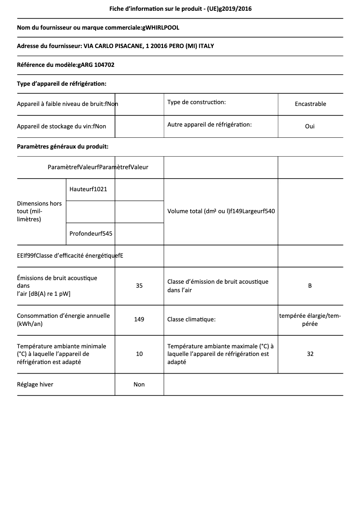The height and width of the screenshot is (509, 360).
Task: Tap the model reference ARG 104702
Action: (x=97, y=65)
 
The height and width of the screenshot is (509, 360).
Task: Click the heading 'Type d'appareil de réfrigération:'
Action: (x=61, y=83)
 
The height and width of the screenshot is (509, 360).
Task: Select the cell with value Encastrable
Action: (x=310, y=104)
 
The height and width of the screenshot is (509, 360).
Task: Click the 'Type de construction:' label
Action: (x=197, y=102)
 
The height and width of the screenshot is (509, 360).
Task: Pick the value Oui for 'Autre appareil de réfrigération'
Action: (x=310, y=126)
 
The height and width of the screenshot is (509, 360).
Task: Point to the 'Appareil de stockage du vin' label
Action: (x=54, y=127)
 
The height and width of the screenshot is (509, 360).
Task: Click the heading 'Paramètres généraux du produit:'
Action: (x=62, y=146)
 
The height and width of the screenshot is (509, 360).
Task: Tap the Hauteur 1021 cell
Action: (x=88, y=189)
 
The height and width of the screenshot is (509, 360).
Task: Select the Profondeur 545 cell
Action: (x=91, y=233)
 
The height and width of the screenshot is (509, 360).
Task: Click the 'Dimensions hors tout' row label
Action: (x=40, y=211)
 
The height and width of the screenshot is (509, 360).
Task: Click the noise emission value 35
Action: (x=139, y=285)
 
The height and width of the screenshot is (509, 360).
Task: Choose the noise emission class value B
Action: (x=310, y=285)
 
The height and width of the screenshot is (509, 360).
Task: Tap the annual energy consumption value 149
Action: (x=139, y=320)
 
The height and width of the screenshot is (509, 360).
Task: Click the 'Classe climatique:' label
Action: (x=191, y=320)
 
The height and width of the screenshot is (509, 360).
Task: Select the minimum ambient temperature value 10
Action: (x=139, y=354)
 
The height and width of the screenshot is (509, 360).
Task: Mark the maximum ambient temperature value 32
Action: (x=310, y=354)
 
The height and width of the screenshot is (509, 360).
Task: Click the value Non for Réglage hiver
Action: (x=139, y=384)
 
